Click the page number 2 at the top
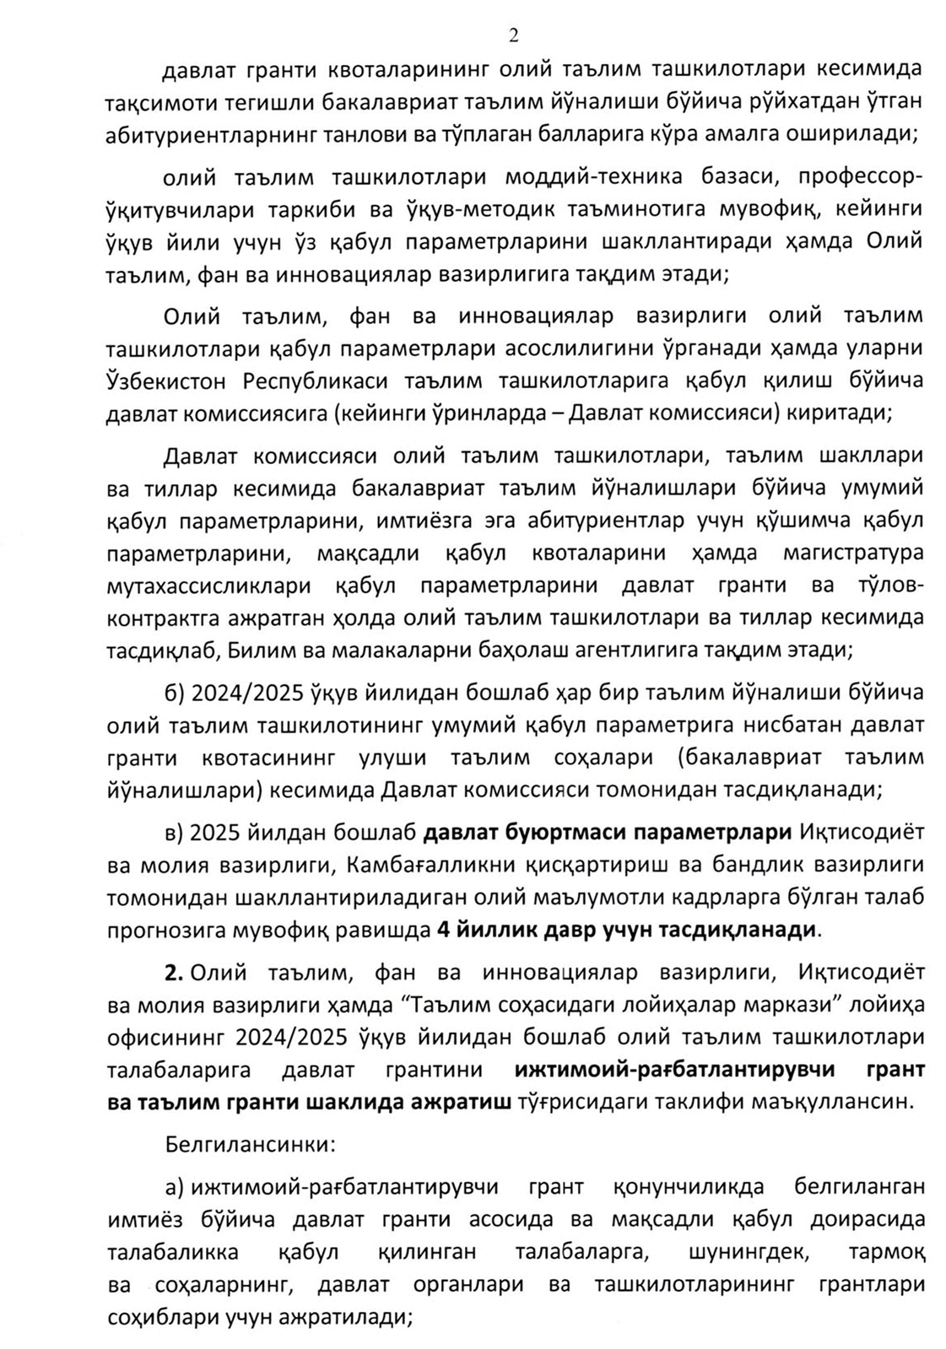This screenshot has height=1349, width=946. (x=513, y=35)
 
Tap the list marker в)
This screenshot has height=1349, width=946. (x=174, y=832)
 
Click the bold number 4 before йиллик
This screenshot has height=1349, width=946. (x=441, y=930)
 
